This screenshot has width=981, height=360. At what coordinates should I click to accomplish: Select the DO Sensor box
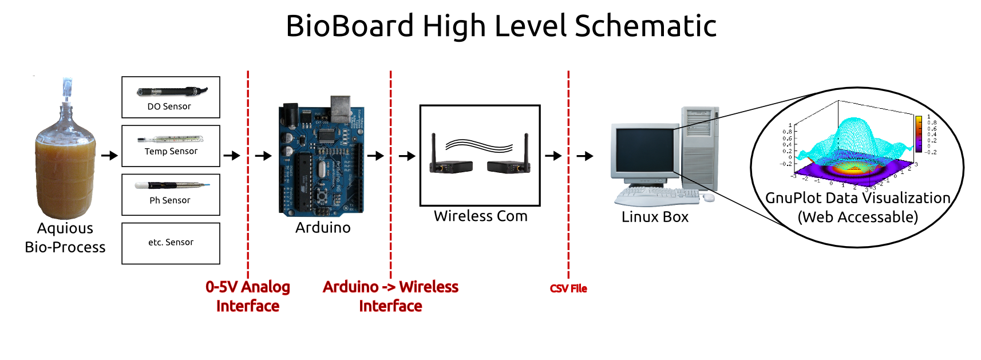pos(171,97)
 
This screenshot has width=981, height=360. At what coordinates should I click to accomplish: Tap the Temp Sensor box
pos(171,146)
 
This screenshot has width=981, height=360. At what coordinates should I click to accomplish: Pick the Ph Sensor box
pos(171,195)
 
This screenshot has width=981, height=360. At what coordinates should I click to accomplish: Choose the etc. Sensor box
pos(171,243)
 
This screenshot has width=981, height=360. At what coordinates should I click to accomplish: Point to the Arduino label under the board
pos(323,228)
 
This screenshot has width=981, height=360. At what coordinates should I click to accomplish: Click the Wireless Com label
pos(480,216)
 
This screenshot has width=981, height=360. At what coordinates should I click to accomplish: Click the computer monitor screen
pos(644,152)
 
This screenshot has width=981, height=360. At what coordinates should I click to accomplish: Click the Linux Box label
pos(655,217)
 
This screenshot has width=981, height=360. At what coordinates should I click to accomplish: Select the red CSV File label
pos(568,288)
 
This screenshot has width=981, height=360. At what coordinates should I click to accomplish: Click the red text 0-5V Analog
pos(248,287)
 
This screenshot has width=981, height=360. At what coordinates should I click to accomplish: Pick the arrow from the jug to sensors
pos(109,155)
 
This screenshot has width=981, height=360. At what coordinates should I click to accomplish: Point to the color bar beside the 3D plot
pos(918,134)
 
